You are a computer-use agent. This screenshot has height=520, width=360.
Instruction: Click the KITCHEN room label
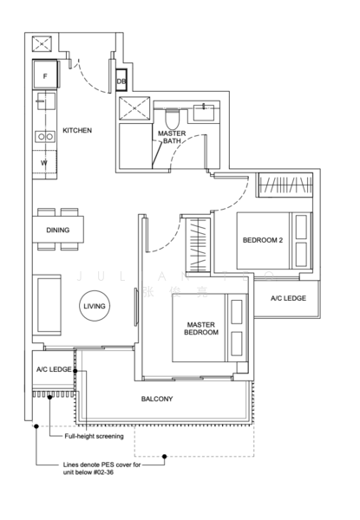pyautogui.click(x=77, y=130)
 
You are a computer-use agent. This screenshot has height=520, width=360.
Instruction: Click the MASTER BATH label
pyautogui.click(x=170, y=137)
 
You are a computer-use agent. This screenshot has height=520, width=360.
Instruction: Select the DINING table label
pyautogui.click(x=57, y=231)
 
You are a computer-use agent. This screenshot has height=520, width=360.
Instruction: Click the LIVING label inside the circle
pyautogui.click(x=94, y=307)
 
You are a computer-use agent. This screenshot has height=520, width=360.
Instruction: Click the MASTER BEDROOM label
pyautogui.click(x=200, y=328)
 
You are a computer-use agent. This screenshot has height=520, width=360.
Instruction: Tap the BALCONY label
pyautogui.click(x=158, y=400)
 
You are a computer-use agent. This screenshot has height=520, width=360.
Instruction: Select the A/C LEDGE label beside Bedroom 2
pyautogui.click(x=287, y=298)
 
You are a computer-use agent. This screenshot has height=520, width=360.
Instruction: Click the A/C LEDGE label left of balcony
pyautogui.click(x=53, y=370)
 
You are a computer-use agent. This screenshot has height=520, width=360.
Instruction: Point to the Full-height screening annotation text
pyautogui.click(x=95, y=437)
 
